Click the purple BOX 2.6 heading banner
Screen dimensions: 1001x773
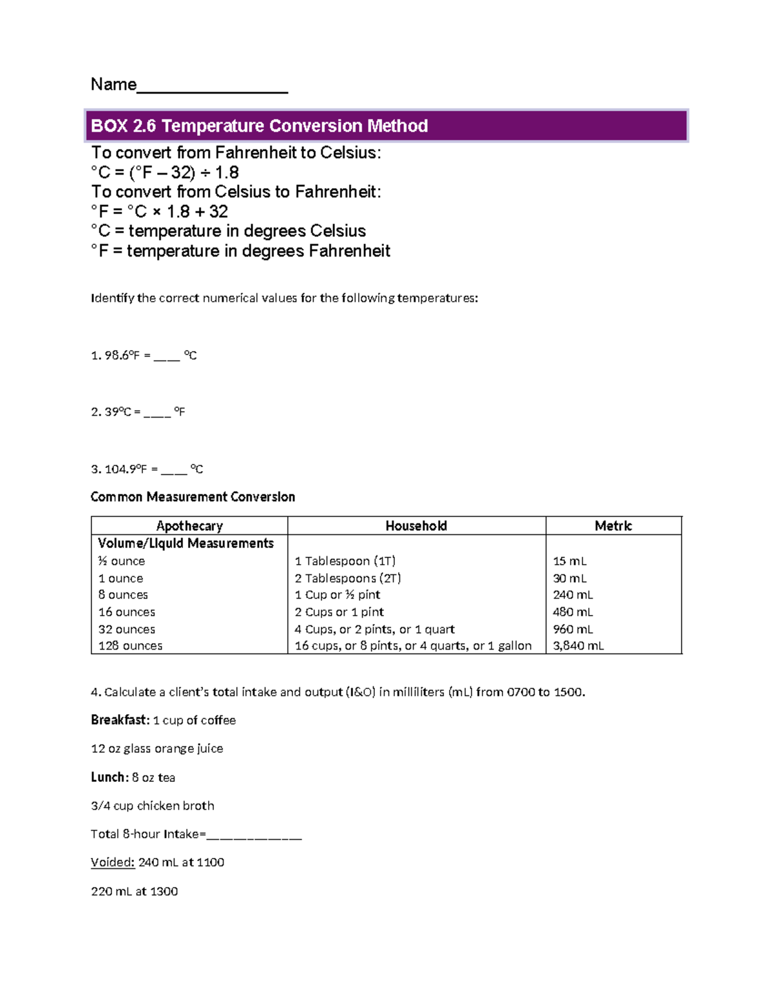386,126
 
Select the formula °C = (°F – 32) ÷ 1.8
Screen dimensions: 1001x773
165,173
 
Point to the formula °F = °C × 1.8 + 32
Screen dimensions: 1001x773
160,211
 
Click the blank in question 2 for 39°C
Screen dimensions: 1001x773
157,413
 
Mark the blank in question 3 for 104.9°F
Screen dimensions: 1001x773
173,470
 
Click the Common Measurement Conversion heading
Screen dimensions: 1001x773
193,497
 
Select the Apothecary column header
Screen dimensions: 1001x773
189,526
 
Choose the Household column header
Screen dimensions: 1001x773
416,526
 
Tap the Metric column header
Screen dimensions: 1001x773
613,526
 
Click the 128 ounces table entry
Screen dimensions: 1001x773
130,646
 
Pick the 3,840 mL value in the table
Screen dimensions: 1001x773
578,646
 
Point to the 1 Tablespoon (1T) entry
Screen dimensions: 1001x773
345,561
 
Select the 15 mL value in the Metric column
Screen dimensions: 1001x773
569,561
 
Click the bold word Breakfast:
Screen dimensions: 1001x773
120,721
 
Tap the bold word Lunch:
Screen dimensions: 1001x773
110,777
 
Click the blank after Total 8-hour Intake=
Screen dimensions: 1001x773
254,835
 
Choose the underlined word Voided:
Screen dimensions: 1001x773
113,862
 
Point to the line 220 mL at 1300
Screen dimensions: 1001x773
134,891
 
